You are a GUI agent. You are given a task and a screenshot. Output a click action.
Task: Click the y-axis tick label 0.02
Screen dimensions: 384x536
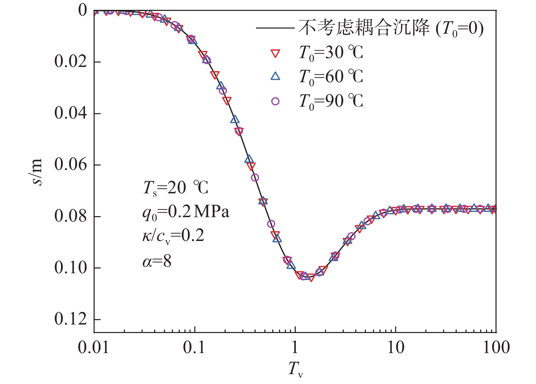[70, 62]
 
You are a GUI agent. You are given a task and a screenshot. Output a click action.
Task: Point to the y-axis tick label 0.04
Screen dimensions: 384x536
[70, 113]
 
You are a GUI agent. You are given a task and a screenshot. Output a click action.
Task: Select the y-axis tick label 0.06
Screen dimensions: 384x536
[70, 164]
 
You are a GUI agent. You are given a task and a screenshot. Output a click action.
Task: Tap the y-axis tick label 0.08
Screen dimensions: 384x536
[70, 216]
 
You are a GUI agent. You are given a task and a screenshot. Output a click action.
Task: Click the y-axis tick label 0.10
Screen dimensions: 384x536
[70, 268]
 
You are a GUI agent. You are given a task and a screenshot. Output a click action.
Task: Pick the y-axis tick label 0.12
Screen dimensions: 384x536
[70, 319]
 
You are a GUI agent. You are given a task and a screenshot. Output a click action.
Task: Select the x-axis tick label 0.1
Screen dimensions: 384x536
[194, 347]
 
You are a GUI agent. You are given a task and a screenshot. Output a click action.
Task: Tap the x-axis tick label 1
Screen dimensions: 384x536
[295, 347]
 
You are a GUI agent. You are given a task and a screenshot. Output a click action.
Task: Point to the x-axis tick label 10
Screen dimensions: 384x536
[395, 347]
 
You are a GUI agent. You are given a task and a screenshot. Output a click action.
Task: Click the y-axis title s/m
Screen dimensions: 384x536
[37, 172]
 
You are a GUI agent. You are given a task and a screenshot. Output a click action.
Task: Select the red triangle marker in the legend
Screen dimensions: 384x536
[275, 53]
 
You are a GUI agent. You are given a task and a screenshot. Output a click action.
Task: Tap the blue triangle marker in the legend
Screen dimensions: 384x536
[275, 76]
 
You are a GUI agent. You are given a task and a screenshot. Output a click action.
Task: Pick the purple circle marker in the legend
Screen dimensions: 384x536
[275, 101]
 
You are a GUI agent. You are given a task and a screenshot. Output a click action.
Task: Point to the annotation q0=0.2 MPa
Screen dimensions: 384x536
[186, 212]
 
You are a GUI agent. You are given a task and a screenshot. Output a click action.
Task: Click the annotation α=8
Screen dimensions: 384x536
[157, 261]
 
